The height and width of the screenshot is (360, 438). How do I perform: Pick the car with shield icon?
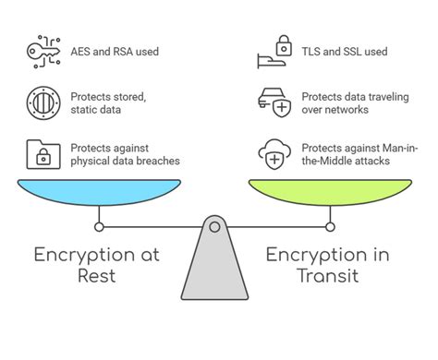coord(276,102)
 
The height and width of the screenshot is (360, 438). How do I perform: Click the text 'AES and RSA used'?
coord(115,52)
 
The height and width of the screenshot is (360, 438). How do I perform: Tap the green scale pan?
coord(332,194)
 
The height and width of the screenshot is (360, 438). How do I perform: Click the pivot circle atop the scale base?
coord(214,226)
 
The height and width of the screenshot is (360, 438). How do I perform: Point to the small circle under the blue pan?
coord(99,225)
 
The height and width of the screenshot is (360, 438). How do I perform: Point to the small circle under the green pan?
coord(331,225)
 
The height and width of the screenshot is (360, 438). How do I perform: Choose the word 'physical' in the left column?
coord(91,161)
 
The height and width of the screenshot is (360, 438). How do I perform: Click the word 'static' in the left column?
coord(86,110)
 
